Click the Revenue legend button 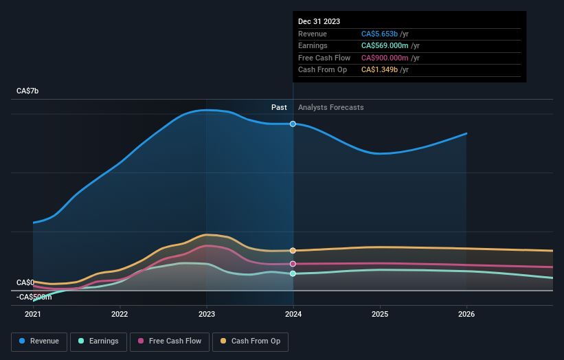[x=39, y=341]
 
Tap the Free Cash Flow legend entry [x=170, y=341]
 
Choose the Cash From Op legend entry [x=251, y=341]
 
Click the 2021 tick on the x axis [x=33, y=315]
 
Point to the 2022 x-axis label [x=120, y=315]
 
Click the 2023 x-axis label [x=207, y=315]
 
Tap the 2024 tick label [x=293, y=315]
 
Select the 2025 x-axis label [x=380, y=315]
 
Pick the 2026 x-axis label [x=466, y=315]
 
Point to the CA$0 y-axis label [x=25, y=282]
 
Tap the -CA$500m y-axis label [x=34, y=297]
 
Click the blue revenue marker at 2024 [x=293, y=124]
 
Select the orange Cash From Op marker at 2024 [x=293, y=251]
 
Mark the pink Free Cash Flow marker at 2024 [x=293, y=264]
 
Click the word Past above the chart [x=279, y=107]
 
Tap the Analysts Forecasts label [x=331, y=107]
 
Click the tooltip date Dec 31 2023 [x=319, y=22]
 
